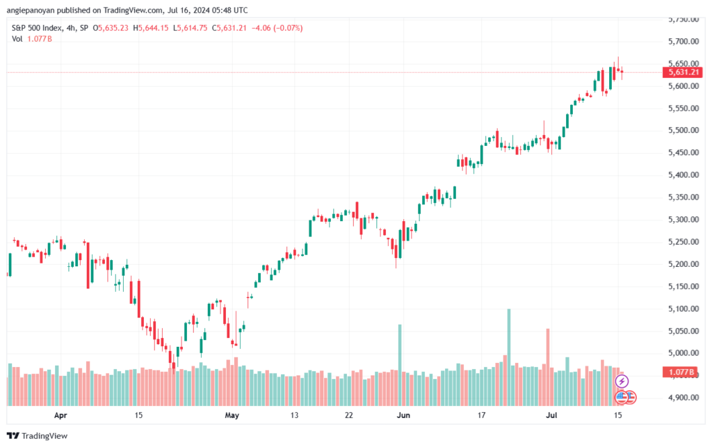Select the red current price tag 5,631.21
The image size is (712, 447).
tap(684, 72)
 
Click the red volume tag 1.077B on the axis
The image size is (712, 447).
tap(684, 373)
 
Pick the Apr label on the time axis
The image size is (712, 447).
tap(60, 415)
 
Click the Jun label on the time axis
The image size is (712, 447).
tap(403, 415)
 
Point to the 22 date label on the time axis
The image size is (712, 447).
tap(349, 415)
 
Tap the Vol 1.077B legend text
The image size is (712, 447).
tap(32, 38)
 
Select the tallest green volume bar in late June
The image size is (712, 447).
tap(509, 355)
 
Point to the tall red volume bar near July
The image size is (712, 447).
tap(548, 365)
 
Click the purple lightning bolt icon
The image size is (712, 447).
tap(622, 381)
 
